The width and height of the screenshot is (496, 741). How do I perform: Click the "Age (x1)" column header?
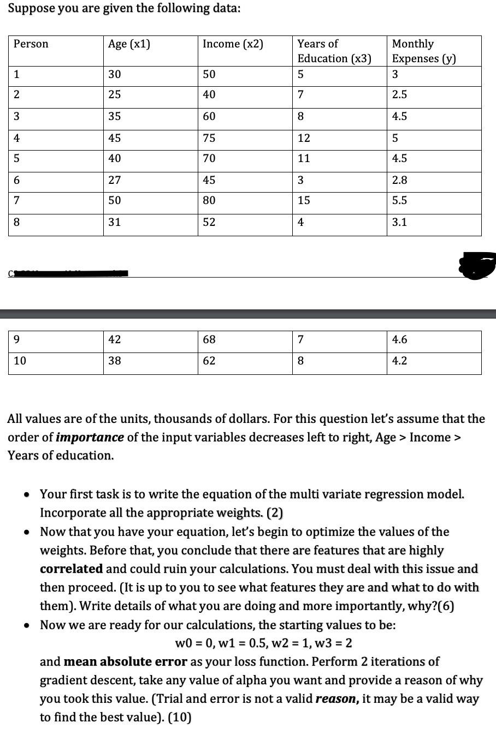(129, 44)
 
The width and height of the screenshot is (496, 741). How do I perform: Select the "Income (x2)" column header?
(233, 44)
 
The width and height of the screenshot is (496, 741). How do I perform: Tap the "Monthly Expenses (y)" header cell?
(424, 51)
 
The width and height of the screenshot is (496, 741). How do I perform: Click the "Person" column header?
(31, 44)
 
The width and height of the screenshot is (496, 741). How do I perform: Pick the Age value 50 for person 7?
(115, 201)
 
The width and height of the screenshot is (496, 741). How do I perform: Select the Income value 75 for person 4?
(209, 139)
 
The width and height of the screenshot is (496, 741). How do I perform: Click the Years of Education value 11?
(304, 159)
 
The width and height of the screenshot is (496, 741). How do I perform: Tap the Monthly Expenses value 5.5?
(399, 201)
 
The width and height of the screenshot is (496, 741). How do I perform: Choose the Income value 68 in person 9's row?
(209, 340)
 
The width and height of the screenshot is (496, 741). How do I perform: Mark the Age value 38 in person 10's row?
(115, 361)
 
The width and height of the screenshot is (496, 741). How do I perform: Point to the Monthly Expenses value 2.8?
(399, 180)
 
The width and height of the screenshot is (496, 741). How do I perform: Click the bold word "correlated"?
(71, 569)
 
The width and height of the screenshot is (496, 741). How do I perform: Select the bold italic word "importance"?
(90, 438)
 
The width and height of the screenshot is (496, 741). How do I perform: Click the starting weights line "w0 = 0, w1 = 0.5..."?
(263, 643)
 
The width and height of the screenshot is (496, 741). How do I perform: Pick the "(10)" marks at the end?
(180, 718)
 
